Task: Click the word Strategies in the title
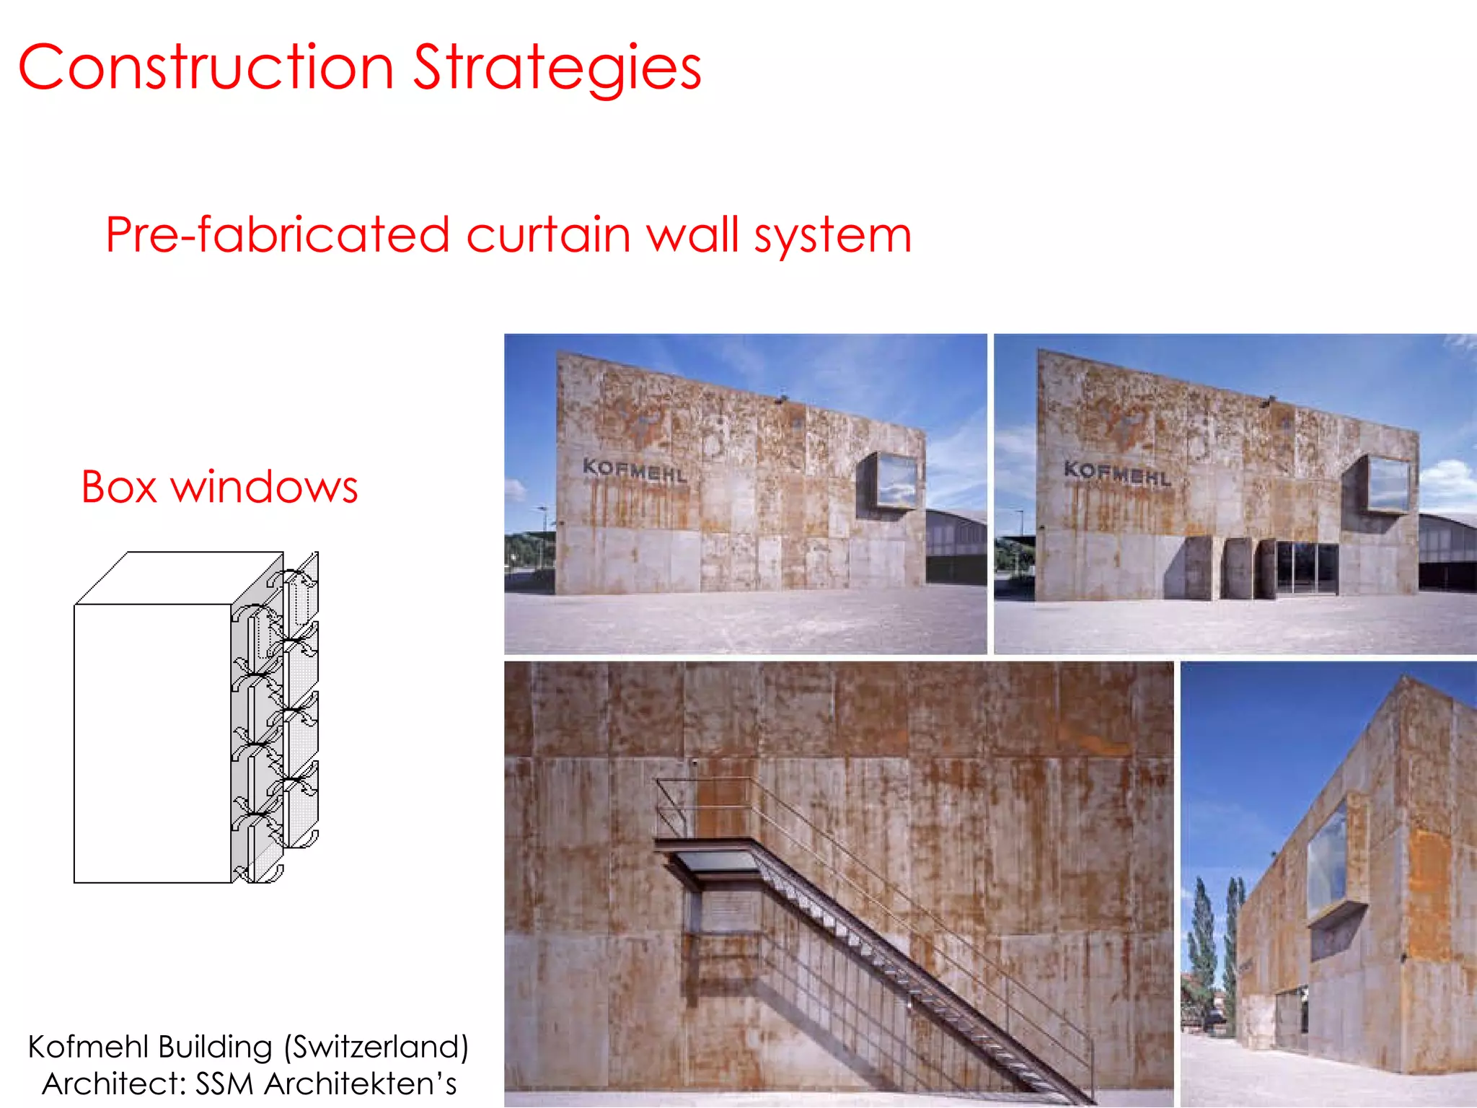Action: click(x=557, y=69)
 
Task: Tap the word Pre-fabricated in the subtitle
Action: click(x=278, y=235)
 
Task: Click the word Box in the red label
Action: click(x=119, y=487)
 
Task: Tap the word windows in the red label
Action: click(x=264, y=487)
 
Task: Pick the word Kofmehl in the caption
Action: click(x=89, y=1047)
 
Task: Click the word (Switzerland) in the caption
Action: click(x=376, y=1047)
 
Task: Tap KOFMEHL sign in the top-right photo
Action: click(x=1117, y=472)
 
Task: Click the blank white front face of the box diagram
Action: click(x=152, y=743)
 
